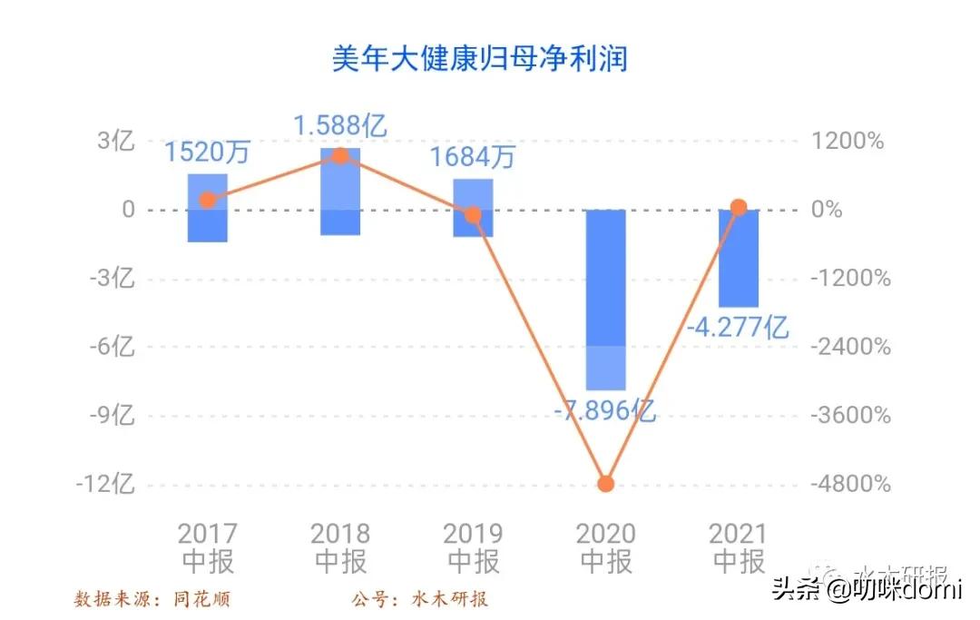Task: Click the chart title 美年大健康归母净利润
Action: [479, 59]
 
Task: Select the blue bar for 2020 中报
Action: [605, 300]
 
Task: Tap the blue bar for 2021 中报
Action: [738, 259]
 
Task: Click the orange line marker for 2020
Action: [605, 483]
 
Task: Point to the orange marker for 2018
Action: [340, 156]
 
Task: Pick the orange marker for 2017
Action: [208, 200]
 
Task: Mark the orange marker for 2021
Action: [739, 208]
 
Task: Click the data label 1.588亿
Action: [340, 125]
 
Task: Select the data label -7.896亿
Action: [605, 410]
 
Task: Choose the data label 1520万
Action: [207, 152]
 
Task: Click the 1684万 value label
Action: [472, 157]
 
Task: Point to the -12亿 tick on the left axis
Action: [105, 484]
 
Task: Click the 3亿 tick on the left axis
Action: [116, 142]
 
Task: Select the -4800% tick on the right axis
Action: [849, 484]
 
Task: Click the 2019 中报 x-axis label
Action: [473, 547]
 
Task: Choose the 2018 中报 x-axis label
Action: [340, 547]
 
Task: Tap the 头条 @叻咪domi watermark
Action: [866, 590]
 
